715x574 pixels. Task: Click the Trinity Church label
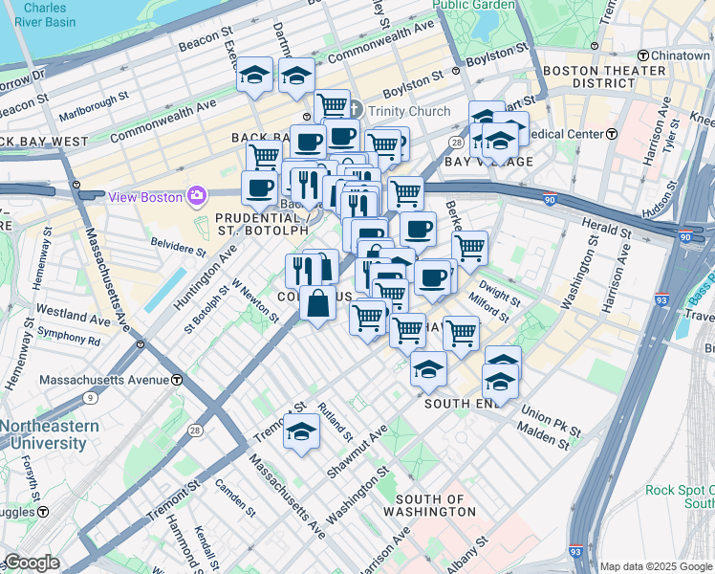[x=409, y=111]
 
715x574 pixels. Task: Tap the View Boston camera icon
[x=197, y=196]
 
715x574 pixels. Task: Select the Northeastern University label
[x=49, y=434]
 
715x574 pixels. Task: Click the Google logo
[x=31, y=563]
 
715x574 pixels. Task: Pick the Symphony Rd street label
[x=68, y=340]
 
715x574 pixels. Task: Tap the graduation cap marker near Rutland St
[x=301, y=431]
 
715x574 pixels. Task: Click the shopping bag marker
[x=317, y=304]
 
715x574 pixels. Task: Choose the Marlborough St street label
[x=91, y=99]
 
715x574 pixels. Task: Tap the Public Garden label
[x=473, y=5]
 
